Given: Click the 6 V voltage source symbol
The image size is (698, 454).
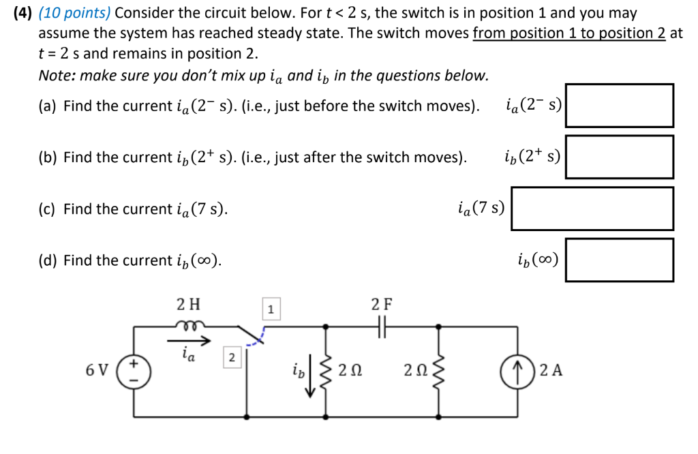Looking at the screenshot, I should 133,371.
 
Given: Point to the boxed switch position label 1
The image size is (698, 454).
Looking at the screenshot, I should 271,310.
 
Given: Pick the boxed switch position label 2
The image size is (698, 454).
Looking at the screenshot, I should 231,357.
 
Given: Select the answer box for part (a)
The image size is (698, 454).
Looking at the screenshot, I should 619,106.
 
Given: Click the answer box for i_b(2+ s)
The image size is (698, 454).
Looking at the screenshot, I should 619,157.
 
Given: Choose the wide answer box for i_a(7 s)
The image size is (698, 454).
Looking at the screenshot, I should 592,209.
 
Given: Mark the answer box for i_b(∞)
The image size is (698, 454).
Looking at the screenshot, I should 619,260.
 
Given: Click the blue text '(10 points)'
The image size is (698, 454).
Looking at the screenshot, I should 76,13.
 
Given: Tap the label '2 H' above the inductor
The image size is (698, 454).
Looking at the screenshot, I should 188,303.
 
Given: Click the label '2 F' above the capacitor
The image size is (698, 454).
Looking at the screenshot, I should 382,303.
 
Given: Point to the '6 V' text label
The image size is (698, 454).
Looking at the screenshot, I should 97,371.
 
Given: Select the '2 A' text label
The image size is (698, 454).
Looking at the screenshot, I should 551,372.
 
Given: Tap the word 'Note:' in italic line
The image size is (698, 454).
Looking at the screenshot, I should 57,76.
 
